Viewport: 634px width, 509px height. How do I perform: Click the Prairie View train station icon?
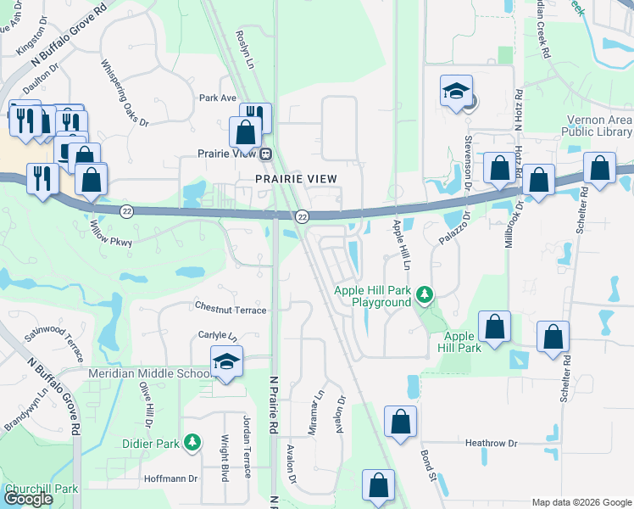pos(266,154)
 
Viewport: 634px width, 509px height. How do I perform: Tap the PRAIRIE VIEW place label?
pos(297,178)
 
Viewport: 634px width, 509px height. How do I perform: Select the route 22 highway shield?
pos(301,217)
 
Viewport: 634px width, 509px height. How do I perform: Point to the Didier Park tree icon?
pos(194,443)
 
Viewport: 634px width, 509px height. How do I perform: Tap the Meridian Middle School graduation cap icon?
pos(226,362)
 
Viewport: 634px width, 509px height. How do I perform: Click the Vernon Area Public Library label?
pos(596,126)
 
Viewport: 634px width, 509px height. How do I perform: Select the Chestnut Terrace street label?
pos(231,310)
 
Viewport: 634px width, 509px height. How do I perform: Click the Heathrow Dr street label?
pos(491,443)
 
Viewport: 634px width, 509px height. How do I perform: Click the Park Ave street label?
pos(218,98)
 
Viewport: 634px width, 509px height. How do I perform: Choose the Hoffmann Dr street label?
pos(170,478)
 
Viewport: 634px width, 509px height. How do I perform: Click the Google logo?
pos(29,499)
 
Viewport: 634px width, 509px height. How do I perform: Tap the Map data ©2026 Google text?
pos(580,502)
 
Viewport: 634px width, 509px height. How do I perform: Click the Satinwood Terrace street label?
pos(54,342)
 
